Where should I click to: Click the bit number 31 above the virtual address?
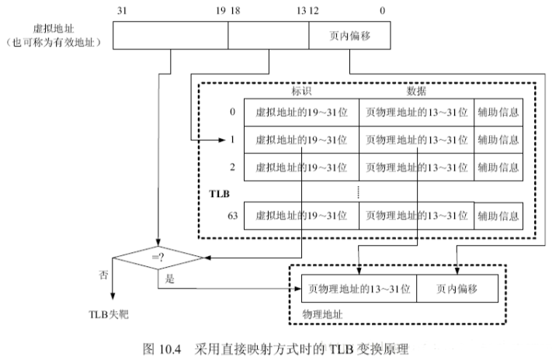122,11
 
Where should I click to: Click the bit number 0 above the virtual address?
382,11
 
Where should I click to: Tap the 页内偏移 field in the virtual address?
349,35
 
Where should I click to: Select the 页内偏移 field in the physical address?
457,289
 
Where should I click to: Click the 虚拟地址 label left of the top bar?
54,29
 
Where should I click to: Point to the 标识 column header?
301,91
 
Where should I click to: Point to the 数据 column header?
416,91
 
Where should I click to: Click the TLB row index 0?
232,112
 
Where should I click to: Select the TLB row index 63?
232,216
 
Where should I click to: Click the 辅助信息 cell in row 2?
498,167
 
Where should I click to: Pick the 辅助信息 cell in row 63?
498,216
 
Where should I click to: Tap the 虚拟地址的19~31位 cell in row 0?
301,112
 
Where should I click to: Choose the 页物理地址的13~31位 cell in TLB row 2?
417,167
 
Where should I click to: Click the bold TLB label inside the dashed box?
219,194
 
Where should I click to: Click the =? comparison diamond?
158,258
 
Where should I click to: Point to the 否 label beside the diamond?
103,275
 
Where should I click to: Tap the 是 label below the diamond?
170,279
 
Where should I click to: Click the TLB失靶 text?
109,314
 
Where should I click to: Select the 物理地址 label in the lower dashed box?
322,314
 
